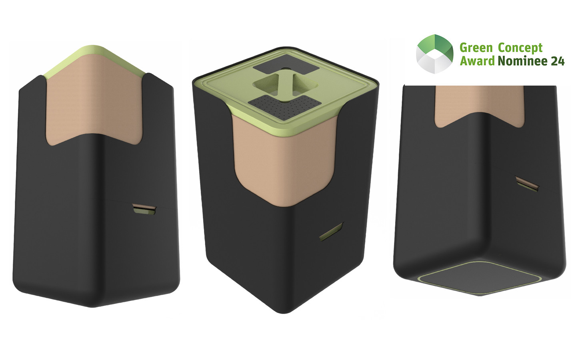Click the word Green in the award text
476,48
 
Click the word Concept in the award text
520,48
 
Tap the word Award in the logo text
477,61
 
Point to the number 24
557,61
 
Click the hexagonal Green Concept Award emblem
434,54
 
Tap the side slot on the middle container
331,232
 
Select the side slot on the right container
526,183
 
